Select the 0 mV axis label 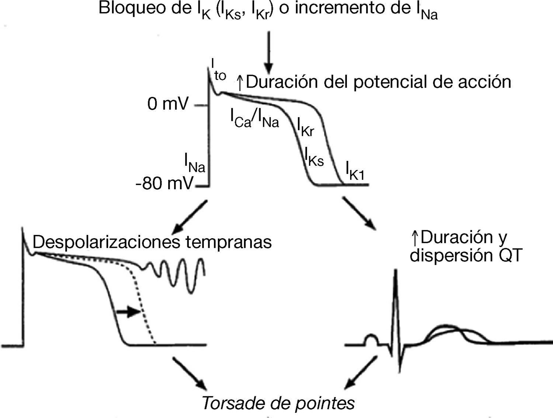[x=168, y=104]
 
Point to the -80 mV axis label [x=164, y=183]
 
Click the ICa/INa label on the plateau [x=255, y=119]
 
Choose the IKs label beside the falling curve [x=314, y=157]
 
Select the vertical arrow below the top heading [x=269, y=52]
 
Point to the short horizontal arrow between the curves [x=128, y=312]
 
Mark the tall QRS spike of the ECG [x=395, y=295]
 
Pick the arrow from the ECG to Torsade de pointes [x=361, y=372]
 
